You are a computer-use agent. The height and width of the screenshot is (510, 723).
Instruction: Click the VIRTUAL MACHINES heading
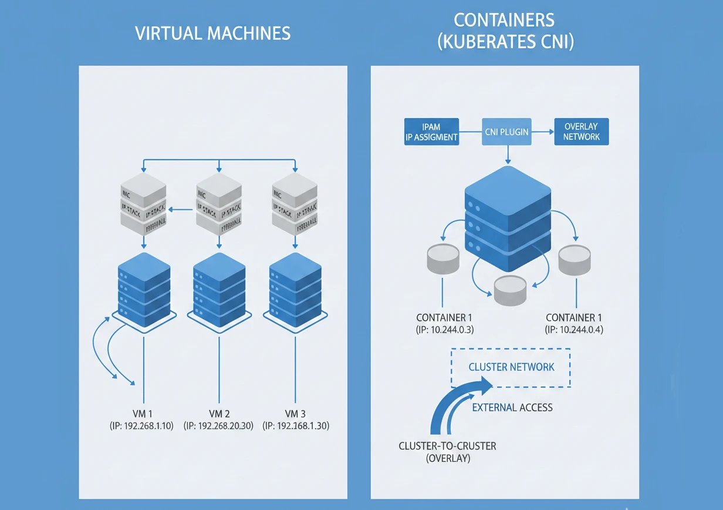212,33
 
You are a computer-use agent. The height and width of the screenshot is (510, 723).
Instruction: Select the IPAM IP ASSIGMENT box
431,132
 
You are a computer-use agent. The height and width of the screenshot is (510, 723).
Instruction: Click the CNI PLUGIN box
506,132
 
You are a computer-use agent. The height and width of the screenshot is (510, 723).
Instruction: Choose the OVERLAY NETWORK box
582,132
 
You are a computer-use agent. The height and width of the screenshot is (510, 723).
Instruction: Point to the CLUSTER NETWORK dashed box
511,367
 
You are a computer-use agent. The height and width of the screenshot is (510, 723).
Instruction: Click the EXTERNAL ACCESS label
512,407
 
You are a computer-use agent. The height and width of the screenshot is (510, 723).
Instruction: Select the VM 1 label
143,412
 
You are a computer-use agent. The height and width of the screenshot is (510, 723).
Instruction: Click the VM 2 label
218,412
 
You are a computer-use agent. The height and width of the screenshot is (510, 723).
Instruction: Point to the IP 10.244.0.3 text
444,330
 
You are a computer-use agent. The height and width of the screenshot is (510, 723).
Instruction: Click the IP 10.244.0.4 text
574,330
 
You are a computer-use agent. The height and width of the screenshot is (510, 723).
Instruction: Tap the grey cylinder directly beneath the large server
511,290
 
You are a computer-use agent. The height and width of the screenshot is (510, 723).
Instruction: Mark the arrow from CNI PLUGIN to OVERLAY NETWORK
543,132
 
